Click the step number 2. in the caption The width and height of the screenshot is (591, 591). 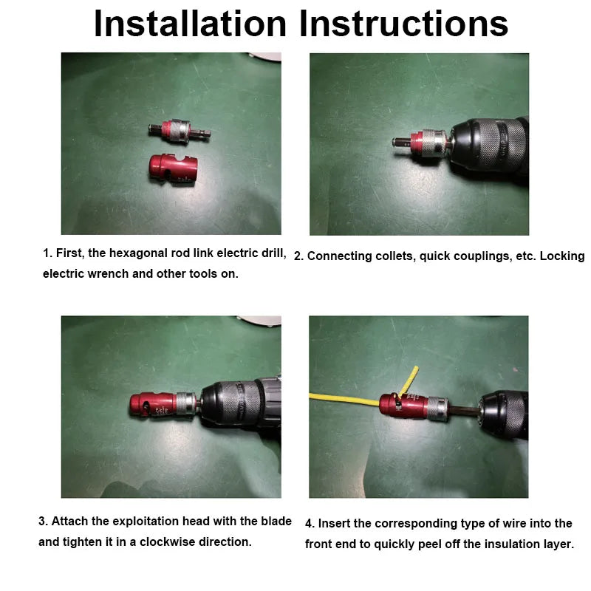[x=298, y=256]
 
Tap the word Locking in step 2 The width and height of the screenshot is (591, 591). [x=561, y=256]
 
